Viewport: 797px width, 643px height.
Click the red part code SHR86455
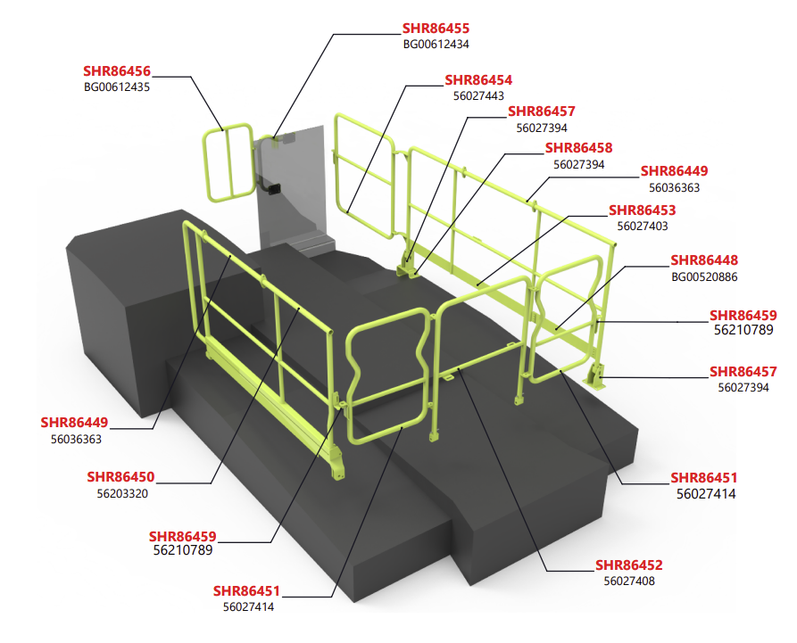click(x=436, y=29)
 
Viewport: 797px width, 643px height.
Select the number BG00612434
click(x=436, y=44)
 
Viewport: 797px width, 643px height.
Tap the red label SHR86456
click(x=117, y=70)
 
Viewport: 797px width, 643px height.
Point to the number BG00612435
click(x=117, y=87)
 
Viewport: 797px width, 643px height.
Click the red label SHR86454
click(x=478, y=80)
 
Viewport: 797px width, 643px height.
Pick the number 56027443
click(x=478, y=96)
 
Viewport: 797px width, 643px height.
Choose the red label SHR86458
click(x=578, y=148)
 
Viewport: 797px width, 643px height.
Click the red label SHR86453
click(x=642, y=210)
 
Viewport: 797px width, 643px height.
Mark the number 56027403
click(x=642, y=227)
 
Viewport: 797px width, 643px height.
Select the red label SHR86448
click(x=704, y=260)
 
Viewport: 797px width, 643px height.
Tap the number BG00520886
click(x=704, y=276)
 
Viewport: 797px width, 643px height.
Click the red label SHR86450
click(x=120, y=476)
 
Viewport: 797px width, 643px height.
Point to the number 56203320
click(x=120, y=492)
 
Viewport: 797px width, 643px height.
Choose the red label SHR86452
click(x=629, y=565)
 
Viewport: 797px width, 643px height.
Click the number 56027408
click(x=629, y=581)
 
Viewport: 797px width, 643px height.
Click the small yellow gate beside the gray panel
click(x=228, y=163)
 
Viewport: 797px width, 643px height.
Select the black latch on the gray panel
click(x=273, y=188)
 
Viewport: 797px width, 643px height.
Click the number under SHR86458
click(x=578, y=164)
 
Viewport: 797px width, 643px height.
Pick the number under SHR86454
click(x=478, y=96)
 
